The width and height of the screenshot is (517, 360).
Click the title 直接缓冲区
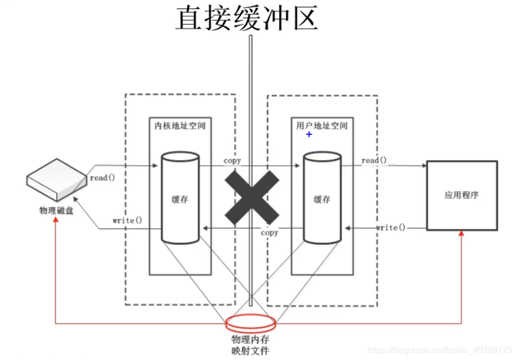pos(246,18)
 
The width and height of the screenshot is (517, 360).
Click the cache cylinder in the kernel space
pos(180,199)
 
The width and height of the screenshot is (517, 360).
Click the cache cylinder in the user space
pos(322,199)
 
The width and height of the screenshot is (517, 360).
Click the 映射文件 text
pos(251,350)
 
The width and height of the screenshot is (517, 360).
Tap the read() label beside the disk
pos(102,177)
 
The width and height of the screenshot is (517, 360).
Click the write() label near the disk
pos(127,221)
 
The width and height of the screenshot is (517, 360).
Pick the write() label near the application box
pos(391,227)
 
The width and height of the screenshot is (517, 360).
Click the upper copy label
pos(232,161)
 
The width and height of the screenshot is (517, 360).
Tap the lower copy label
pos(269,233)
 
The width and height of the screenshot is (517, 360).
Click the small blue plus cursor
pos(309,134)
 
